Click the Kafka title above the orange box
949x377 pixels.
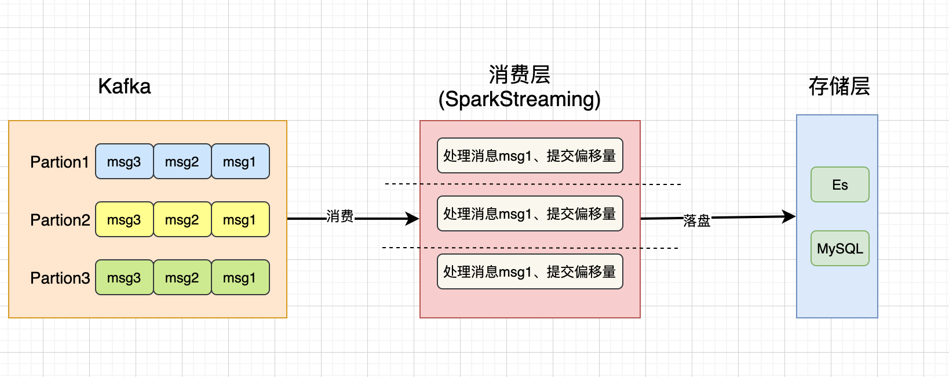[125, 86]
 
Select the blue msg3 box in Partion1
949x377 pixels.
[124, 162]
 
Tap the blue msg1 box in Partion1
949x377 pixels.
[240, 162]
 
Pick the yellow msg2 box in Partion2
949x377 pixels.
[182, 220]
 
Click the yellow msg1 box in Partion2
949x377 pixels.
[240, 220]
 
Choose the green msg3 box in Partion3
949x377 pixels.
[124, 278]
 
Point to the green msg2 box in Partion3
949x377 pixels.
[182, 278]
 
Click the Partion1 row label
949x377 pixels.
[59, 162]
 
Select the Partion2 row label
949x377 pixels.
[60, 220]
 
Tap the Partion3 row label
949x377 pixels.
[60, 278]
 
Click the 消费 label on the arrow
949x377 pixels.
[340, 216]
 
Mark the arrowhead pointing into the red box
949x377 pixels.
[413, 219]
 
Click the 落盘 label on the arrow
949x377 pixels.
[696, 220]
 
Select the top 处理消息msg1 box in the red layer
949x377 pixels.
[530, 155]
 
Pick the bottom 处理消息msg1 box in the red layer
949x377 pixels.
[530, 271]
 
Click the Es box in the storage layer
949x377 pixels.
[840, 184]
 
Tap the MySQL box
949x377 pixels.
[840, 248]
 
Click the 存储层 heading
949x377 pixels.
[839, 86]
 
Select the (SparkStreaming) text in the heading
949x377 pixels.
[520, 99]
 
